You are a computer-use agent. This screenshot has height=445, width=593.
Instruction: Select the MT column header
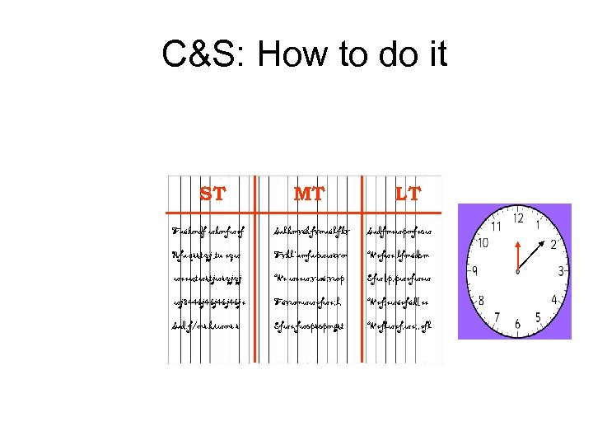click(309, 194)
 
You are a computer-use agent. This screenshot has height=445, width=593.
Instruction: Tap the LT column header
click(407, 194)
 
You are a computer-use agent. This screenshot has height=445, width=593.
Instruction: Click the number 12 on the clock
click(518, 218)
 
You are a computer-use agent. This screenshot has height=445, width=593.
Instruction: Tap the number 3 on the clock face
click(561, 272)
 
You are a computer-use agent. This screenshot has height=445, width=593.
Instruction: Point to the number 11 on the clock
click(497, 225)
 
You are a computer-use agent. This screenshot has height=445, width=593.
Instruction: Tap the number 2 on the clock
click(554, 245)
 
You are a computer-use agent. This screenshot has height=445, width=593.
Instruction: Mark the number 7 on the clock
click(497, 318)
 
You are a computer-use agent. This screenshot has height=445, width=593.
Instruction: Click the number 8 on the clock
click(482, 301)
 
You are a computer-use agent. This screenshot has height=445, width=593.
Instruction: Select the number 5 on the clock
click(539, 317)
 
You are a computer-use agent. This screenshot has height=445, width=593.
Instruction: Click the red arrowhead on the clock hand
click(517, 245)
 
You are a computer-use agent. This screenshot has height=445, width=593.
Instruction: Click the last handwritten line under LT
click(399, 326)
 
